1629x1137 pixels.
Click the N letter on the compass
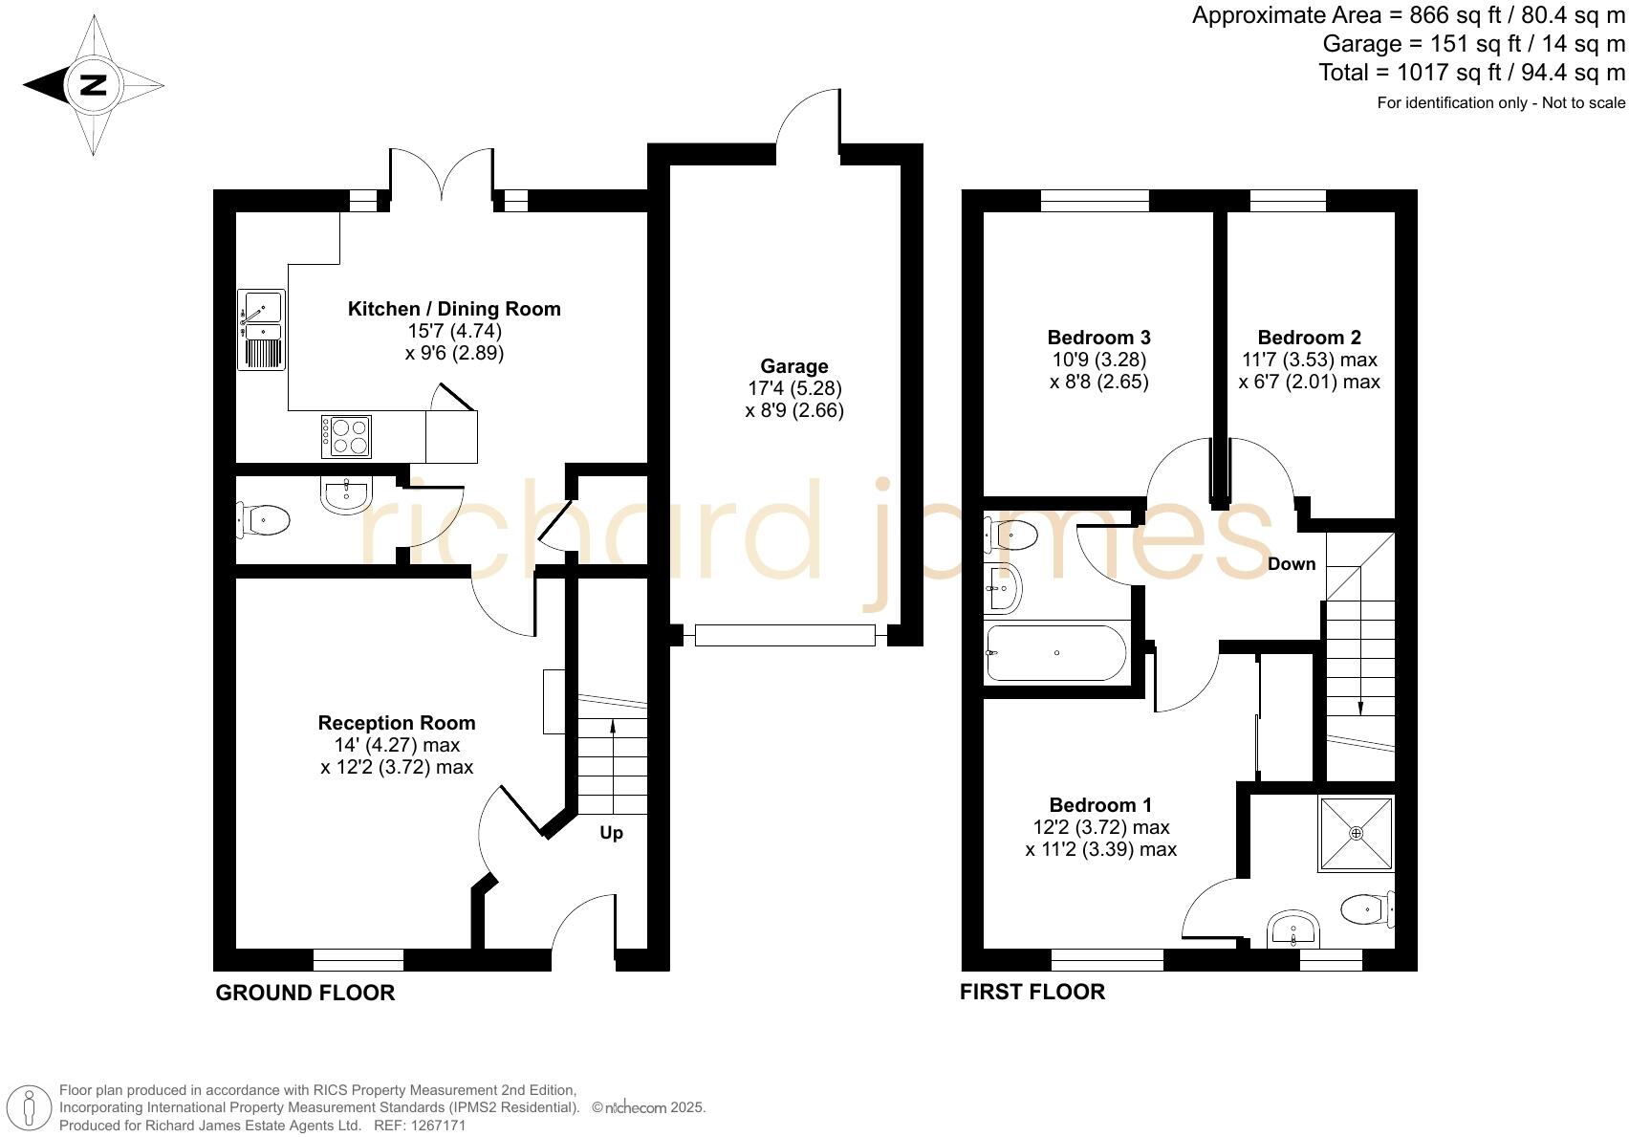coord(93,85)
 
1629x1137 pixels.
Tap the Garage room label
coord(793,366)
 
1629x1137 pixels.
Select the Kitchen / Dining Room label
coord(454,309)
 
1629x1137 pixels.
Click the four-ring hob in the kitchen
coord(346,437)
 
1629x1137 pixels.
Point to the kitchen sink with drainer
coord(261,331)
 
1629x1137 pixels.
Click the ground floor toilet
coord(264,521)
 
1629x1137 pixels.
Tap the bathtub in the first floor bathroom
coord(1056,653)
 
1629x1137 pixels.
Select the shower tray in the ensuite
coord(1357,834)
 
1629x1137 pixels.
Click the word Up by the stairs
coord(611,833)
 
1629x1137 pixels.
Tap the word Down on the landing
coord(1292,564)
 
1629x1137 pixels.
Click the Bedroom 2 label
coord(1309,338)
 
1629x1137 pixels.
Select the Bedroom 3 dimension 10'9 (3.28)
coord(1098,361)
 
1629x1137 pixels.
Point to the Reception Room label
coord(397,723)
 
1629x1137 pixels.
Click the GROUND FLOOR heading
coord(305,993)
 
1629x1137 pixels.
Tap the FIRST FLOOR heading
coord(1032,993)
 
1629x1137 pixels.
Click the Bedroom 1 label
coord(1100,805)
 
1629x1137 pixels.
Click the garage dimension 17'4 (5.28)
coord(794,389)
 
